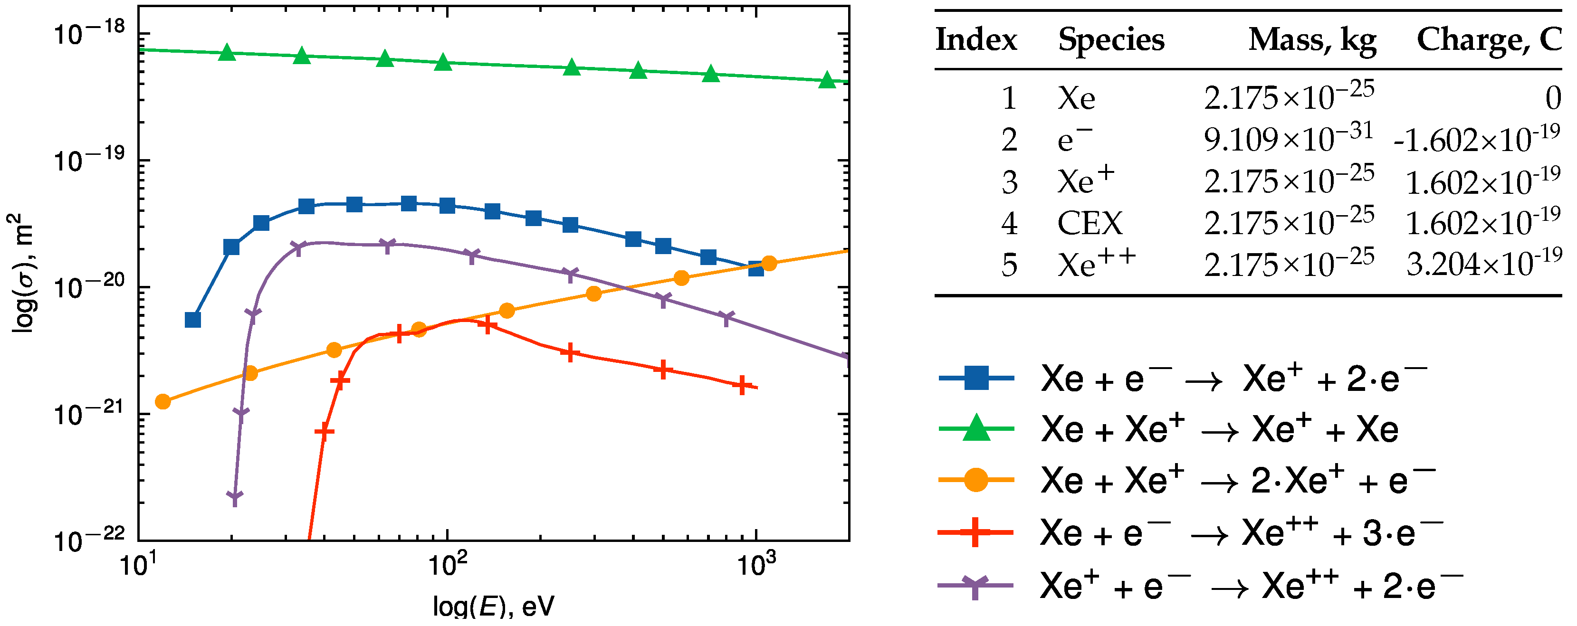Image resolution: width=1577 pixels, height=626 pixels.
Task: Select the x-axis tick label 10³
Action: pyautogui.click(x=757, y=565)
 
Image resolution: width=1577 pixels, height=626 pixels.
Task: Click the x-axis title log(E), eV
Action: pyautogui.click(x=493, y=607)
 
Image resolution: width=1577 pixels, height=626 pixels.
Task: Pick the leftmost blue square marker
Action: pyautogui.click(x=193, y=320)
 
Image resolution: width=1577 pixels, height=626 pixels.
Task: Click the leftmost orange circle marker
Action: pyautogui.click(x=163, y=401)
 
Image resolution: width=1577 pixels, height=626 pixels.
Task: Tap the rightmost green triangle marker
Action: pyautogui.click(x=827, y=80)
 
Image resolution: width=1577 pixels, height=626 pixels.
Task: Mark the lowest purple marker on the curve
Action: pyautogui.click(x=234, y=496)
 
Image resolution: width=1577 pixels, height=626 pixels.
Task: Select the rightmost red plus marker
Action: pyautogui.click(x=742, y=386)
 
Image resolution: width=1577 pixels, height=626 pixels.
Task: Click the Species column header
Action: pyautogui.click(x=1111, y=40)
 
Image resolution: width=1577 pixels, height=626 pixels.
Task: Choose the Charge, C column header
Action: pyautogui.click(x=1489, y=40)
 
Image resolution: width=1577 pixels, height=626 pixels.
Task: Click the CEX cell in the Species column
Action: pyautogui.click(x=1090, y=223)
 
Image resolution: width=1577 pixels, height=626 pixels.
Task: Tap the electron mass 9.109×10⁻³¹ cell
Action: pyautogui.click(x=1289, y=140)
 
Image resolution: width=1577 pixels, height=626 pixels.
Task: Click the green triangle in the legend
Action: pyautogui.click(x=976, y=428)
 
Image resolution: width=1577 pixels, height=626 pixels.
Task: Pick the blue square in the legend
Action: pyautogui.click(x=976, y=378)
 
